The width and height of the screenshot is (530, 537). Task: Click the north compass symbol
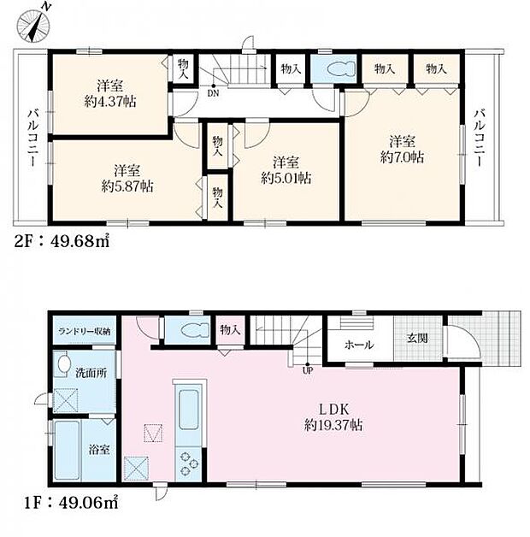click(33, 25)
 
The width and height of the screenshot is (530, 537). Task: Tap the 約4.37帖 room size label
click(110, 102)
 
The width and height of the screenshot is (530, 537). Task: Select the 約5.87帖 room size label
click(127, 186)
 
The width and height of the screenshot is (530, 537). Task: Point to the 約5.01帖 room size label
click(286, 178)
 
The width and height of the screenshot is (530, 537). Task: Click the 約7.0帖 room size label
click(402, 157)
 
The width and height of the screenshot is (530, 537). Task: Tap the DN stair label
click(213, 93)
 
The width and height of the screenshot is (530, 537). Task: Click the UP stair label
click(308, 370)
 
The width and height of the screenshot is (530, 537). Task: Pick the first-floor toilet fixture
click(194, 330)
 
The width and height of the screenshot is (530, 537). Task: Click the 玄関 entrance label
click(417, 339)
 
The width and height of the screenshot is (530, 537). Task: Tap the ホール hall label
click(359, 345)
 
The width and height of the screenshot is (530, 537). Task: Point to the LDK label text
click(333, 409)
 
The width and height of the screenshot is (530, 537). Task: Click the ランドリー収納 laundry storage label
click(85, 331)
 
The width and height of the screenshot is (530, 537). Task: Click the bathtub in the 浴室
click(68, 451)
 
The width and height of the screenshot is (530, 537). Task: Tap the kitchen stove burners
click(189, 464)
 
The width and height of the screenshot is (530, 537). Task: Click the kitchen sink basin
click(189, 410)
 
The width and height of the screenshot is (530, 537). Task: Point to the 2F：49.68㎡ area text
click(62, 242)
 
